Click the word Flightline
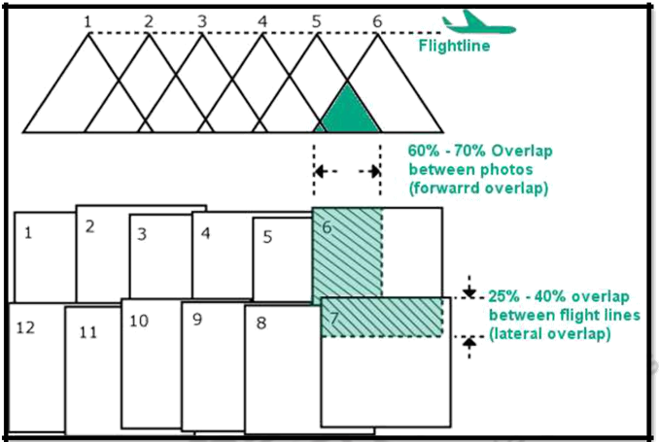454,45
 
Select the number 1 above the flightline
87,20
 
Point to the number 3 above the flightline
201,20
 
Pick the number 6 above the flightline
376,20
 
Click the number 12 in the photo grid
26,328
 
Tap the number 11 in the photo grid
88,332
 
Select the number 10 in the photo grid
139,321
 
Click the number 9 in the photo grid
197,318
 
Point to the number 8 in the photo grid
260,323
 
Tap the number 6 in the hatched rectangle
328,228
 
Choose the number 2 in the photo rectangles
89,226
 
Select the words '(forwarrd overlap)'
478,188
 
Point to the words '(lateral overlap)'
549,333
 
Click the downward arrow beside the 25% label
469,290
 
